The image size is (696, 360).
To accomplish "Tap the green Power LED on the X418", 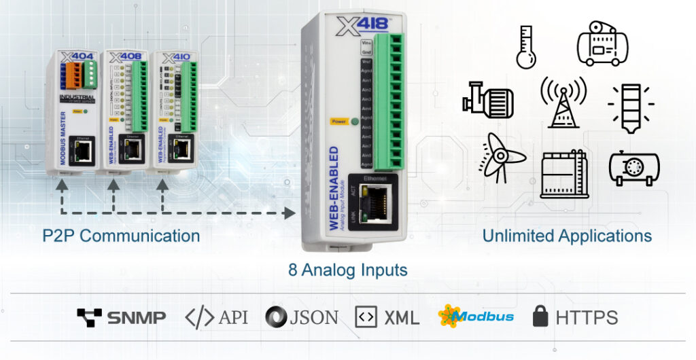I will coord(354,122).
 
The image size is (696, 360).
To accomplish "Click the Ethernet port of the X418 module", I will coord(375,198).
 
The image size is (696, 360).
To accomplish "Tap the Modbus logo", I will coord(476,316).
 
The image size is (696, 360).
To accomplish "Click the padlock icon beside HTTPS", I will coord(541,316).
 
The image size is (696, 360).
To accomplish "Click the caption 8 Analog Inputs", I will coord(348,270).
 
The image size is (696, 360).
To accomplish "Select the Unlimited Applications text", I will coord(567,236).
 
